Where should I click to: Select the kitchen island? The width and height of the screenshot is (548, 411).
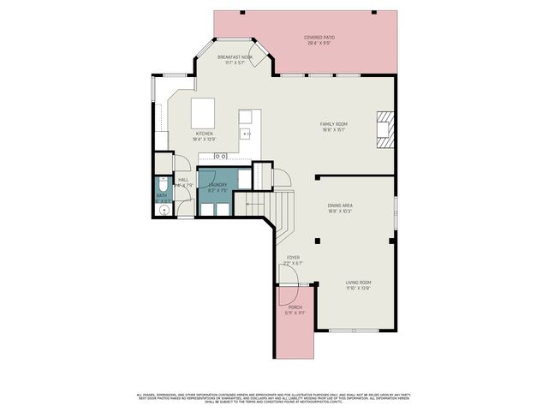tap(203, 111)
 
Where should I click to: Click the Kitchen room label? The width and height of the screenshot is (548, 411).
tap(204, 134)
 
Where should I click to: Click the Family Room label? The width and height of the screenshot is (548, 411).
tap(334, 124)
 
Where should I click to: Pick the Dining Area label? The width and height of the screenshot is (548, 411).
tap(340, 205)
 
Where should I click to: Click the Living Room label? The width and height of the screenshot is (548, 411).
tap(358, 282)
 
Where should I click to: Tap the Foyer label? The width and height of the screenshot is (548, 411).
tap(293, 257)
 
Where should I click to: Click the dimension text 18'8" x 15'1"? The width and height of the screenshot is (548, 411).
tap(334, 130)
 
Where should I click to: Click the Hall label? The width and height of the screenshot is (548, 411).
tap(183, 180)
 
